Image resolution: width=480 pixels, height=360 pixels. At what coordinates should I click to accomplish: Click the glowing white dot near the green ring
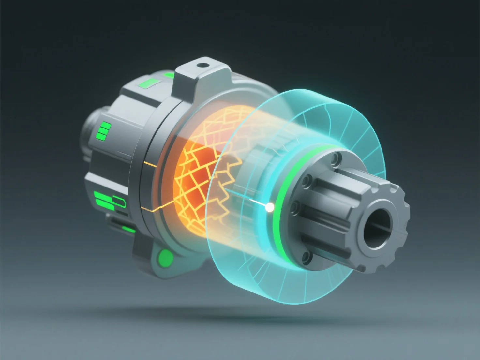click(x=270, y=207)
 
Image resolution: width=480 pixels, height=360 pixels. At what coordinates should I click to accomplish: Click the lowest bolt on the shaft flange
click(x=307, y=257)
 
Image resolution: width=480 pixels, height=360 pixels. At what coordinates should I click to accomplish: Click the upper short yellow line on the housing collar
click(x=149, y=163)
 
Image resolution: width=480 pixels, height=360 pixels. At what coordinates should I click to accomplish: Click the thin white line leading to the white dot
click(x=258, y=203)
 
